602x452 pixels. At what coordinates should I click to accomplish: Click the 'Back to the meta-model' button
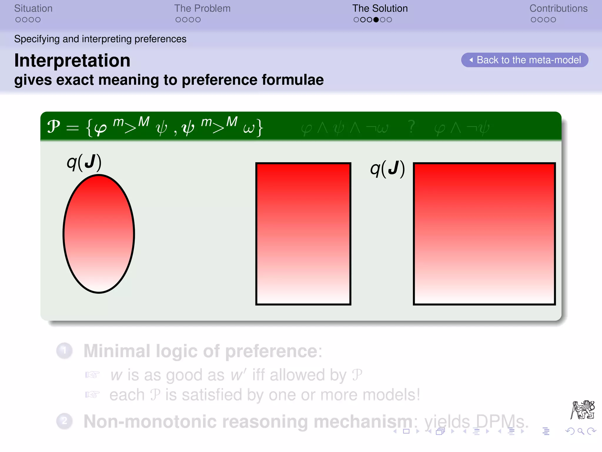tap(525, 60)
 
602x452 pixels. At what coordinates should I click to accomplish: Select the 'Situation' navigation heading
tap(33, 9)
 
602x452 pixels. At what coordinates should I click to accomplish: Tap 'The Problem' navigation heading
tap(202, 9)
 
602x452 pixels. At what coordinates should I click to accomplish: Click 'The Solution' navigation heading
tap(380, 9)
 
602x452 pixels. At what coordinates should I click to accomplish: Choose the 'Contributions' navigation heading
tap(558, 9)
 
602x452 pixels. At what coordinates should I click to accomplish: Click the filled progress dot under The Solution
tap(376, 20)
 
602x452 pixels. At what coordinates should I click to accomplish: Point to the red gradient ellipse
tap(99, 234)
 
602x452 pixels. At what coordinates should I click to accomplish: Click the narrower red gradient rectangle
tap(303, 234)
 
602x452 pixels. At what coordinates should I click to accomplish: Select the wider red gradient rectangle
tap(484, 234)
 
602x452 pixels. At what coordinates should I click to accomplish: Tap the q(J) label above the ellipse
tap(84, 162)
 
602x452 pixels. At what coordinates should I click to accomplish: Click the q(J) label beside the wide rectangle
tap(387, 169)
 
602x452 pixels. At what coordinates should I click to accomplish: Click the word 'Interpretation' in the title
tap(72, 61)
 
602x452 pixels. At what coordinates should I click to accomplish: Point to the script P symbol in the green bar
tap(54, 127)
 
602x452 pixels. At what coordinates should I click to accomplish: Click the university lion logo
tap(583, 410)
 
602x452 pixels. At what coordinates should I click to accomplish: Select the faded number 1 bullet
tap(64, 350)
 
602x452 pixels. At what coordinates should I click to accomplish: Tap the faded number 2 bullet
tap(64, 421)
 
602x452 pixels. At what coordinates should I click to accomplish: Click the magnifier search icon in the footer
tap(581, 431)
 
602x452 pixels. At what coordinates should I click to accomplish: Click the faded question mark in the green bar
tap(412, 127)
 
